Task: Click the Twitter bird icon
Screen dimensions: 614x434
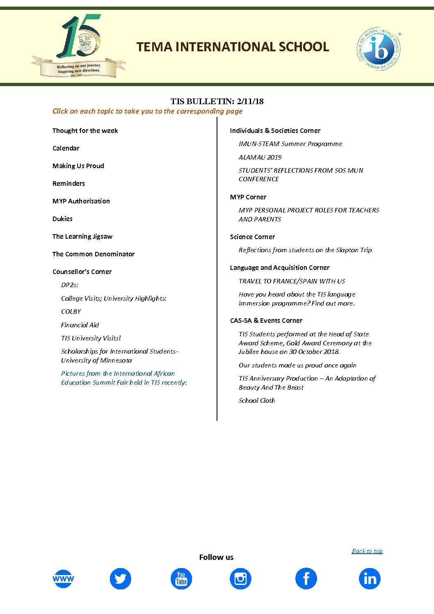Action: pyautogui.click(x=120, y=579)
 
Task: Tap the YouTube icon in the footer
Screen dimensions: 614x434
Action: pyautogui.click(x=181, y=579)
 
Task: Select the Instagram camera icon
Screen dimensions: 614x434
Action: pyautogui.click(x=240, y=579)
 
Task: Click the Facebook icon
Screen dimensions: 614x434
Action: pyautogui.click(x=306, y=579)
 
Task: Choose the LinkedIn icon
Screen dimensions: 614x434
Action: pyautogui.click(x=370, y=579)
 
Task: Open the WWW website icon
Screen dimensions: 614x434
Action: pyautogui.click(x=63, y=579)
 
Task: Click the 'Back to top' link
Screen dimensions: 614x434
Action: pyautogui.click(x=367, y=551)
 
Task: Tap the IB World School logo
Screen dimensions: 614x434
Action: pyautogui.click(x=379, y=49)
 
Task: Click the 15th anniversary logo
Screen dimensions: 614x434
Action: pyautogui.click(x=79, y=46)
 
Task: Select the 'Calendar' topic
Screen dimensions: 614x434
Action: pyautogui.click(x=66, y=148)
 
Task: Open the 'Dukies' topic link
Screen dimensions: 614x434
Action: pyautogui.click(x=62, y=219)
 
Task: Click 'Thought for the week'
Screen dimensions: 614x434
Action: pyautogui.click(x=85, y=130)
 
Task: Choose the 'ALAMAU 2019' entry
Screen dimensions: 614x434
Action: pyautogui.click(x=260, y=157)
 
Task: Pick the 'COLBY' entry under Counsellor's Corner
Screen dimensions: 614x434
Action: pyautogui.click(x=71, y=311)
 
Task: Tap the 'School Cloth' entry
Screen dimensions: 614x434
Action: pyautogui.click(x=257, y=400)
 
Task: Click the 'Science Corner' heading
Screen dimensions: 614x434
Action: pyautogui.click(x=252, y=237)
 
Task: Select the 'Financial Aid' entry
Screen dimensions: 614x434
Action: pyautogui.click(x=80, y=325)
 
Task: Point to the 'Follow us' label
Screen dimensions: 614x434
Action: pyautogui.click(x=216, y=557)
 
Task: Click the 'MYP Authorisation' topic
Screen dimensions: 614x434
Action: pyautogui.click(x=81, y=201)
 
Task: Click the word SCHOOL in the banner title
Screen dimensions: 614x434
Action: pyautogui.click(x=304, y=47)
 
